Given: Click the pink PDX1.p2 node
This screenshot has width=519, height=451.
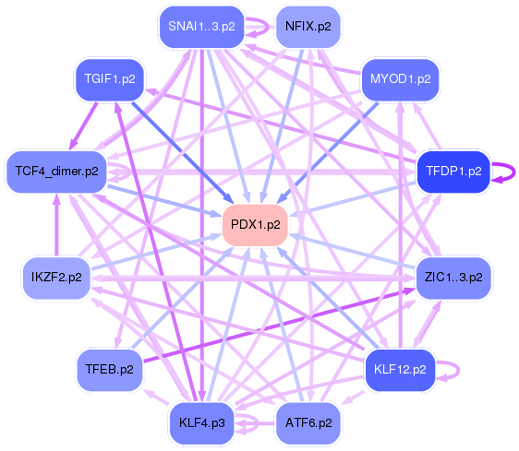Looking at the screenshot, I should pos(255,225).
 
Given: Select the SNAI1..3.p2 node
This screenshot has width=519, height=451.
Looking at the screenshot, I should pos(200,27).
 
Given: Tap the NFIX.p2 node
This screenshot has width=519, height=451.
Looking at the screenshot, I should pos(308,27).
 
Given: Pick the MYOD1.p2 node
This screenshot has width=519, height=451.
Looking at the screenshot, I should pos(400,79).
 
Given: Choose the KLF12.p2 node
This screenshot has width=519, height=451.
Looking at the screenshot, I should pos(400,370).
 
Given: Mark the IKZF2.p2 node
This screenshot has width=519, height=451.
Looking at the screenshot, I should pos(56,277).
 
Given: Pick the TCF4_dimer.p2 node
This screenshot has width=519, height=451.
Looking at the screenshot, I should pos(56,172).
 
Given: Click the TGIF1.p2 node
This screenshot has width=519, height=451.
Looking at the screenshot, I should pos(109,79).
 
